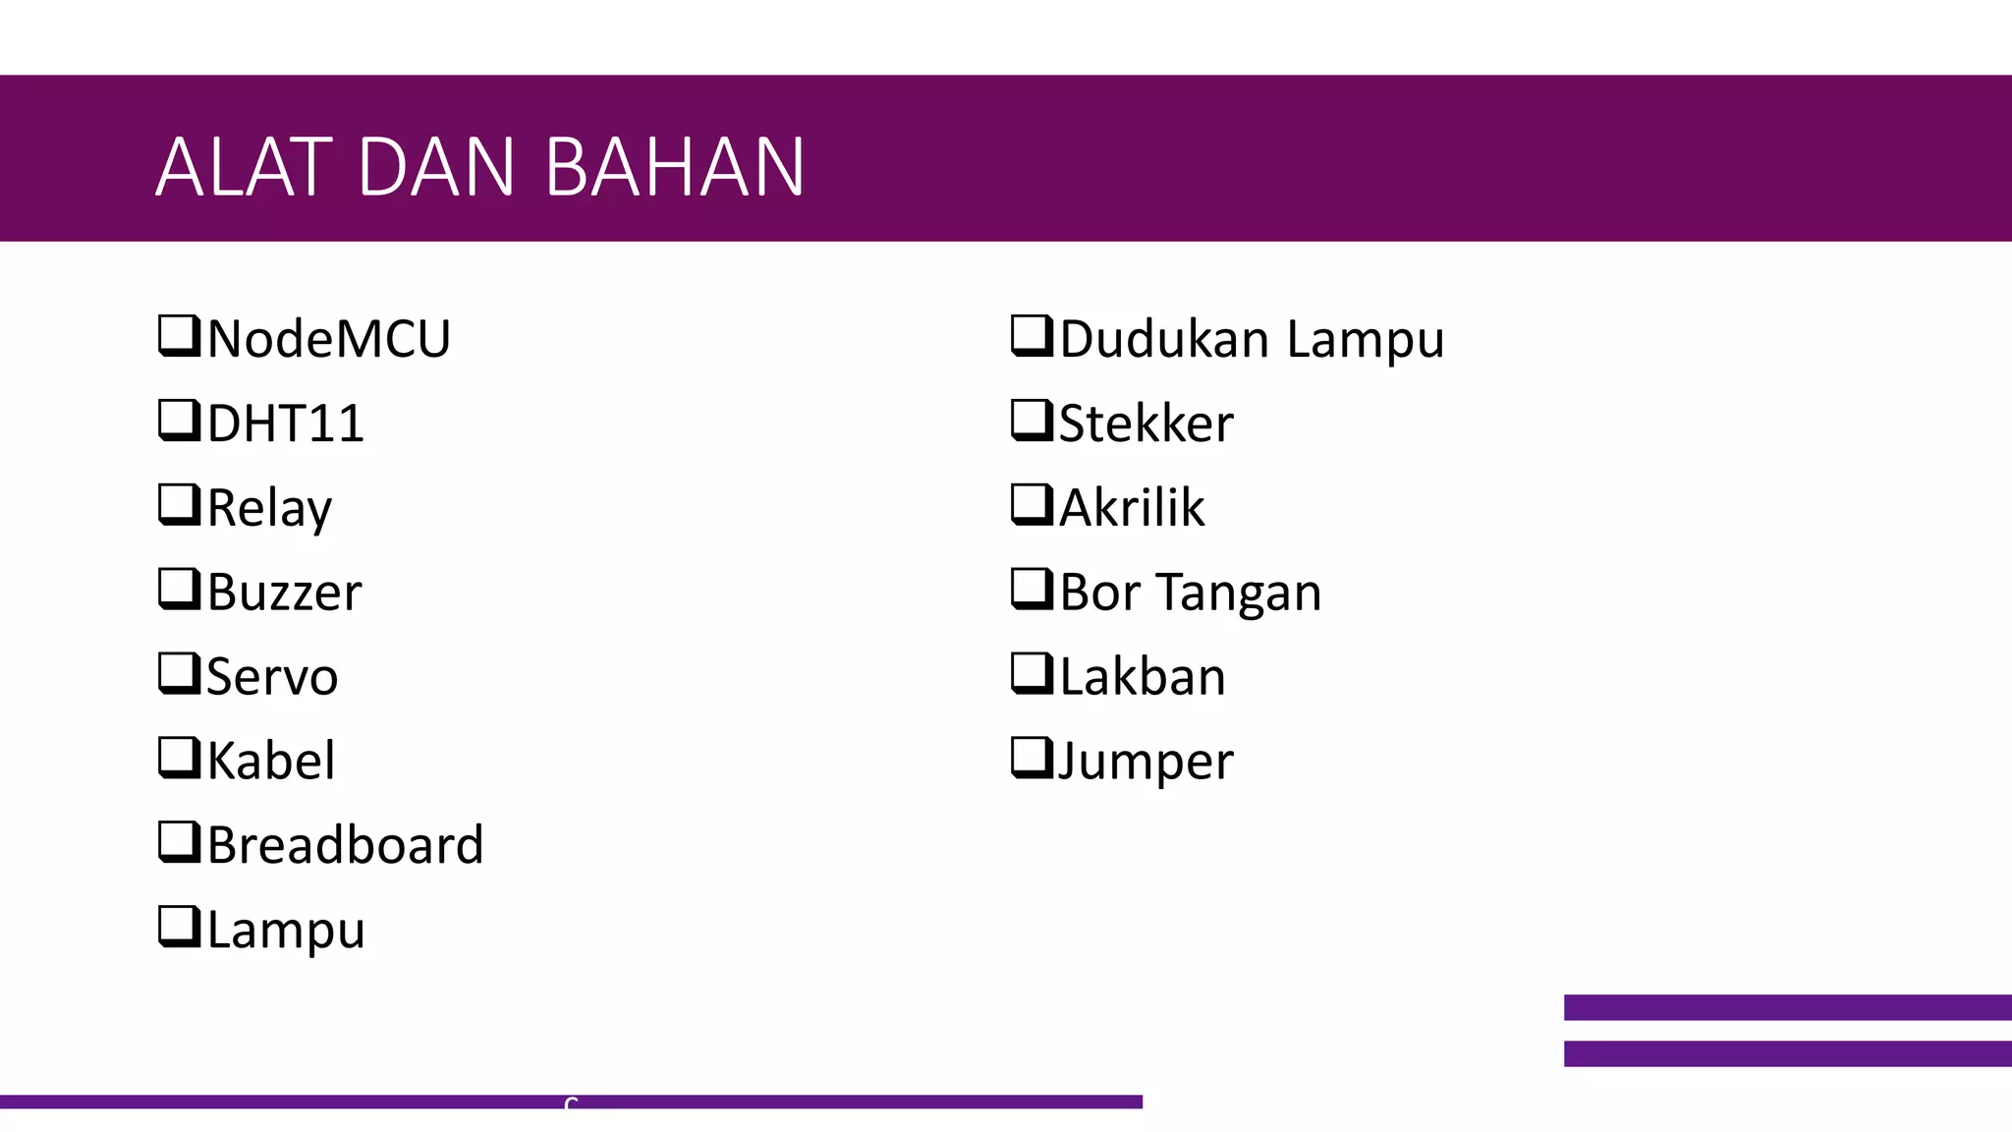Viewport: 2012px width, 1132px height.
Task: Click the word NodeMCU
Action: pos(328,339)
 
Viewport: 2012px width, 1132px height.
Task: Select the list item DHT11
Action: pos(285,424)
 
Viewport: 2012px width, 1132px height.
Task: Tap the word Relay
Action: pos(269,508)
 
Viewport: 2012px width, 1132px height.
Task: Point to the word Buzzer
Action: pos(284,593)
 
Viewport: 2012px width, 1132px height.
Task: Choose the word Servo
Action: pos(272,677)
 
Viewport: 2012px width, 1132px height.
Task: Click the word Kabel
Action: pos(271,762)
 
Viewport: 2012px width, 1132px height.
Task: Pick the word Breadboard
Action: pos(345,846)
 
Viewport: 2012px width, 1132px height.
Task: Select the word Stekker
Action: pos(1146,424)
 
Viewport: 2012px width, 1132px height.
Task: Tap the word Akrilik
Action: pos(1132,508)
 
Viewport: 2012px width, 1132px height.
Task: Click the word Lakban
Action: pos(1143,677)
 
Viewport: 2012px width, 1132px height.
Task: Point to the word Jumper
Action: pos(1146,762)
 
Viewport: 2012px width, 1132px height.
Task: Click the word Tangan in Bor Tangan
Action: pos(1238,593)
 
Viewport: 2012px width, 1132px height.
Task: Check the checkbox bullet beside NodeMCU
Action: pos(179,335)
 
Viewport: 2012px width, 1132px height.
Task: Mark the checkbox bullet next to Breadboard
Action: pos(179,842)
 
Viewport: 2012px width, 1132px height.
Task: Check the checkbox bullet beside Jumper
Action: pos(1032,758)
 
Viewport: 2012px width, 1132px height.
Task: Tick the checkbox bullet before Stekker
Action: pos(1032,420)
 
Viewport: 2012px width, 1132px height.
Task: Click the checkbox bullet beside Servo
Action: pos(179,673)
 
